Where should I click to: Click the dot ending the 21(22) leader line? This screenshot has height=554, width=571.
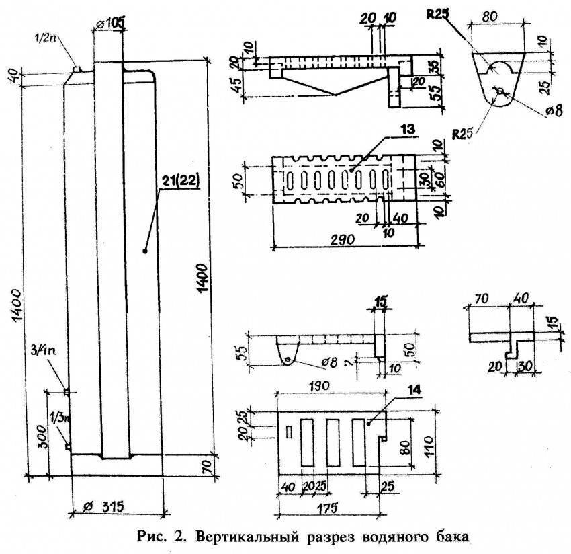(x=145, y=250)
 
